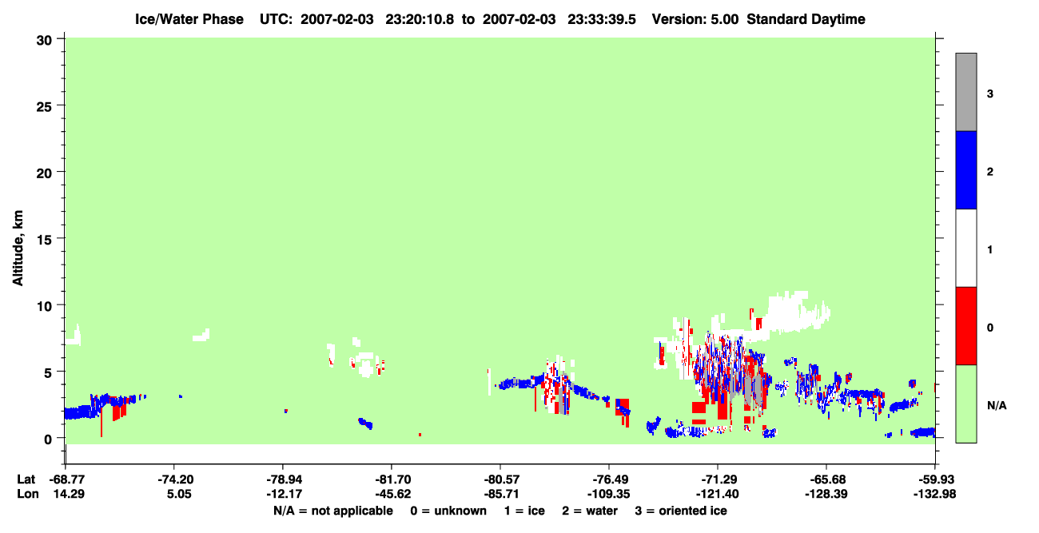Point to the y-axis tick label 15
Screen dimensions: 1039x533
click(x=44, y=240)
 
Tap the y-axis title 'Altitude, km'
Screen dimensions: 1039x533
click(x=18, y=248)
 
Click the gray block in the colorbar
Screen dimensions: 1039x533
click(x=965, y=92)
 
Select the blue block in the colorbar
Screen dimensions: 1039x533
click(x=965, y=169)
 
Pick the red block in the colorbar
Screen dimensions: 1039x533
click(x=965, y=326)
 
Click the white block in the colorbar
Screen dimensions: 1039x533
click(x=965, y=248)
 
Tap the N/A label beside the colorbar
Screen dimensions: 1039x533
click(x=997, y=406)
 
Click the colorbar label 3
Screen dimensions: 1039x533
click(x=989, y=94)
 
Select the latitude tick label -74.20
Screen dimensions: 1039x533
click(x=176, y=479)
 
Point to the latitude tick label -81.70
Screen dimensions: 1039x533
click(x=393, y=479)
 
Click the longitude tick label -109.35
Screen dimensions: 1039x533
click(x=608, y=494)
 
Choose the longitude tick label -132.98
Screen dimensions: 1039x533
click(x=934, y=494)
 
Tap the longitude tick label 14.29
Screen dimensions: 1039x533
click(x=69, y=494)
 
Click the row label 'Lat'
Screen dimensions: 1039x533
click(x=26, y=479)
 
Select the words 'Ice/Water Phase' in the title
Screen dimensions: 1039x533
click(x=189, y=19)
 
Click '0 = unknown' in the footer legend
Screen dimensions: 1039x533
click(x=448, y=511)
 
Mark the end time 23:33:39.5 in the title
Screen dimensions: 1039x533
click(x=602, y=19)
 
